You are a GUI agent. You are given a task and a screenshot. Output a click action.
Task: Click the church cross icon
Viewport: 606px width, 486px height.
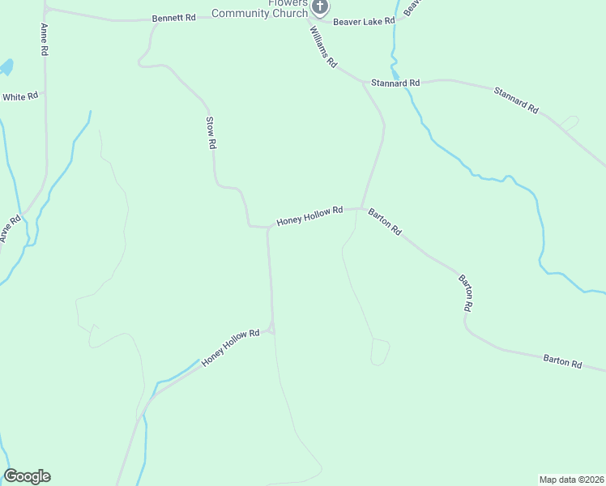point(320,8)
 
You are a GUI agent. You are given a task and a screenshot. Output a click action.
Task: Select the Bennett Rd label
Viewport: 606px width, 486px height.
point(173,17)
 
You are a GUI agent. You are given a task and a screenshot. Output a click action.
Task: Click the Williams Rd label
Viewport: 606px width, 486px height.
point(322,46)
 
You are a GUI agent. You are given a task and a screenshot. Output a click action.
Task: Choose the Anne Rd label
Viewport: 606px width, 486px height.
point(44,39)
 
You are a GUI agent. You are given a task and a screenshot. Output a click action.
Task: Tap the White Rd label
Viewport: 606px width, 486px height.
point(20,96)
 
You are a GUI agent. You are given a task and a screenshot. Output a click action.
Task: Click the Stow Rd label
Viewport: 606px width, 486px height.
point(211,133)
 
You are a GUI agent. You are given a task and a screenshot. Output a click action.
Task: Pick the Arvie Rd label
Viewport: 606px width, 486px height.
point(10,228)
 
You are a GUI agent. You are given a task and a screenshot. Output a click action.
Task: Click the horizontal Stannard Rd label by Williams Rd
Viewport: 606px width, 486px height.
point(395,83)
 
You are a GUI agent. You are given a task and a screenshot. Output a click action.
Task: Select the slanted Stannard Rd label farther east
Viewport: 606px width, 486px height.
point(516,100)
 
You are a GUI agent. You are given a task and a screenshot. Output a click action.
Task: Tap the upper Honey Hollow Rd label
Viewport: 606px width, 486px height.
point(309,215)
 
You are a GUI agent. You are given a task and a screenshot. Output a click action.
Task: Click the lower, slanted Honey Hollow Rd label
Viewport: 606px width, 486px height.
point(230,347)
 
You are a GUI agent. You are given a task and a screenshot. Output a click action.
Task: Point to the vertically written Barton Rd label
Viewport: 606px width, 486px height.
point(465,293)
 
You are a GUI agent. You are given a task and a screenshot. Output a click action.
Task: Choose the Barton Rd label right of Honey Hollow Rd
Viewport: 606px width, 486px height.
point(384,221)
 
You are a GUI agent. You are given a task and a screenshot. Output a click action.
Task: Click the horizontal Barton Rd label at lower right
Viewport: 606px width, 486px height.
point(562,362)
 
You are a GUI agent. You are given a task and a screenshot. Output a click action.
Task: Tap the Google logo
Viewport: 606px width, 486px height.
point(27,476)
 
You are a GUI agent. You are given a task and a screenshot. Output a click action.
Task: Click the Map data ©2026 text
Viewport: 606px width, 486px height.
point(571,479)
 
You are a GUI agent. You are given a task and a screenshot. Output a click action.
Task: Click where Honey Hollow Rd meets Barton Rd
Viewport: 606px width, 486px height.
point(361,208)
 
